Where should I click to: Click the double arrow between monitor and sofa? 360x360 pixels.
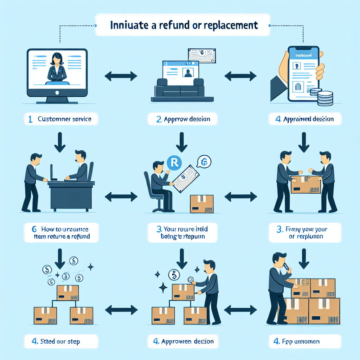121,75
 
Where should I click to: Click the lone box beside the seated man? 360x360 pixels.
201,204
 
